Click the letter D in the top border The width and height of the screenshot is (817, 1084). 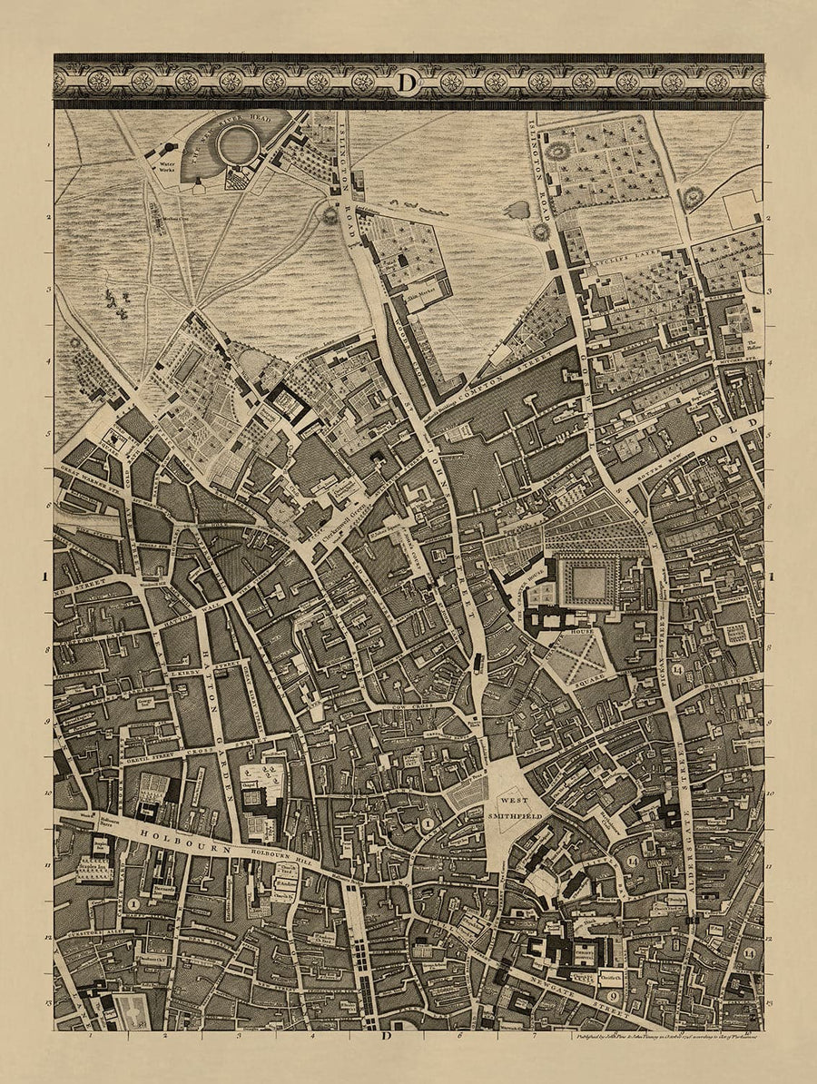point(407,82)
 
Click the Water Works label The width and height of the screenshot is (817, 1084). point(166,167)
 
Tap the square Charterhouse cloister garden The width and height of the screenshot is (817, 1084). point(588,582)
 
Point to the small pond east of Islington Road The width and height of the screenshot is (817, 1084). point(516,211)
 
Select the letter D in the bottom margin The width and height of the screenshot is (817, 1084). point(385,1036)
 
